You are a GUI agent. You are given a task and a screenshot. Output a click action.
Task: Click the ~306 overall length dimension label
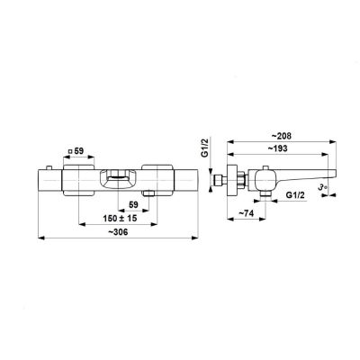pos(118,232)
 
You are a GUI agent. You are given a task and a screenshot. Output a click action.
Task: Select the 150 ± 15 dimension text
pos(120,218)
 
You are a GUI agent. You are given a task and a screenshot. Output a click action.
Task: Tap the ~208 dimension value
pos(282,136)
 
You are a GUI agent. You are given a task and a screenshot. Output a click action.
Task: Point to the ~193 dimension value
pos(277,148)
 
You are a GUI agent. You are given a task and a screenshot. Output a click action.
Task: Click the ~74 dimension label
pos(246,213)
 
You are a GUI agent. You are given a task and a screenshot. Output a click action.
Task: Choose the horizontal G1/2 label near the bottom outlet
pos(295,195)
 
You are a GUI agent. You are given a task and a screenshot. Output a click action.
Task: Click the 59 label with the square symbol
pos(76,151)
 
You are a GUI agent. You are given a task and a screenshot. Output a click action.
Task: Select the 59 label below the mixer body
pos(133,205)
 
